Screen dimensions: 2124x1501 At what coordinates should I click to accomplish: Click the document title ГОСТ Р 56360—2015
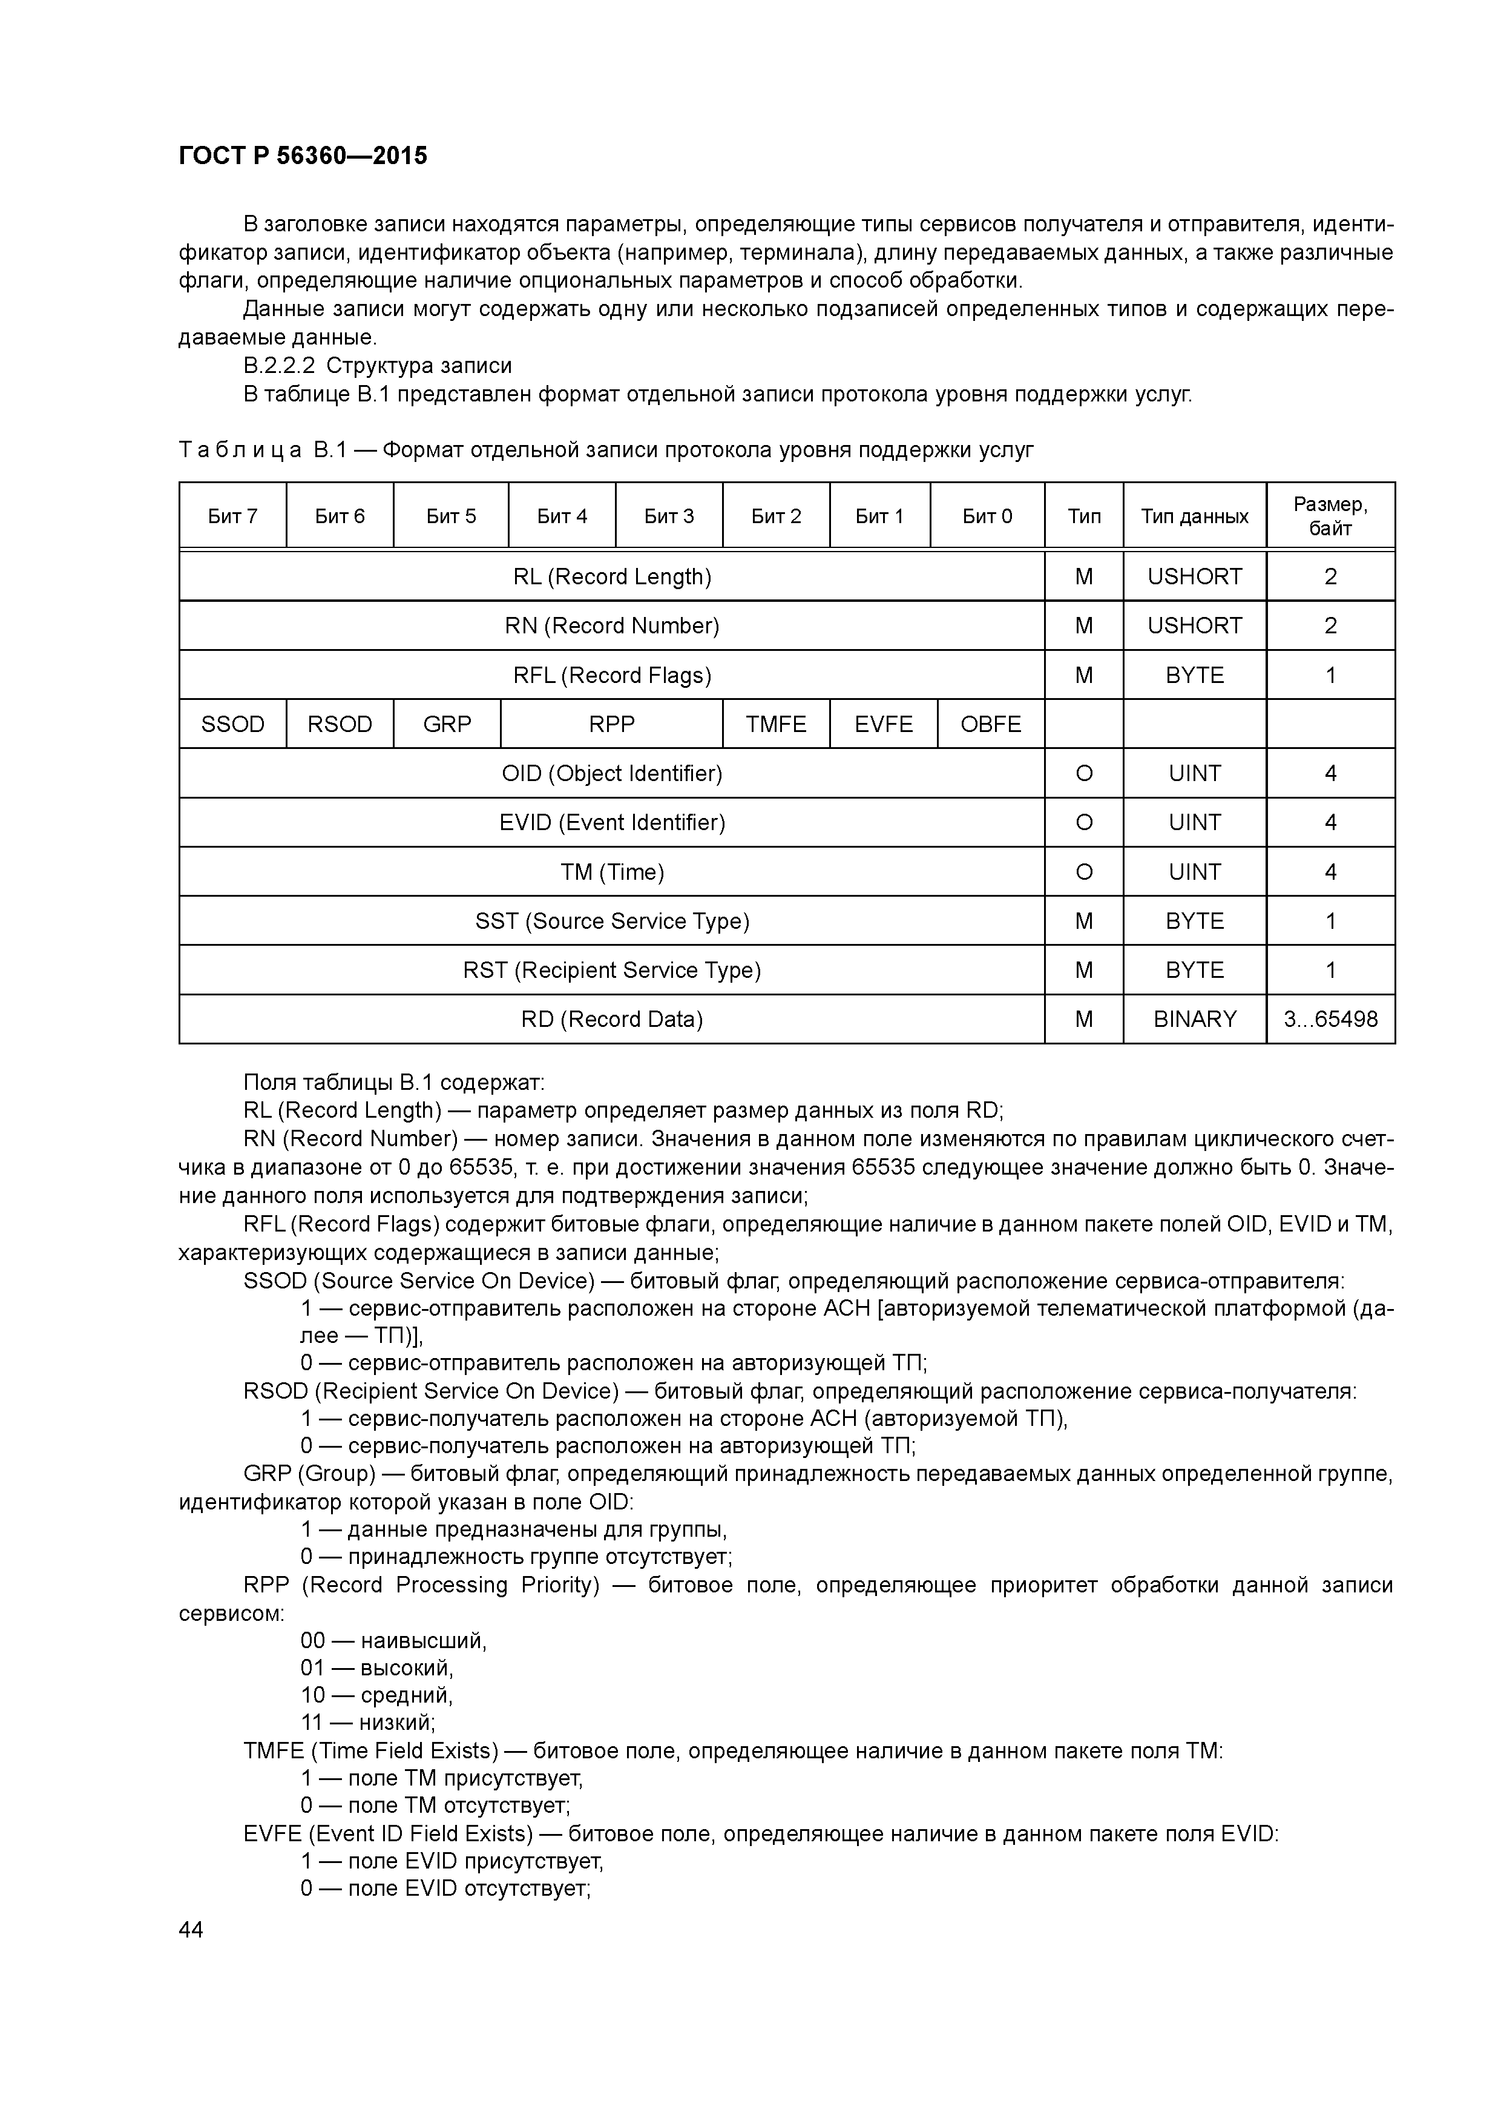tap(303, 156)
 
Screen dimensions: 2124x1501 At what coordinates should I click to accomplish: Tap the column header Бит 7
tap(232, 516)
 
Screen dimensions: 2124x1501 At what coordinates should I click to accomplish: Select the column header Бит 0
tap(987, 516)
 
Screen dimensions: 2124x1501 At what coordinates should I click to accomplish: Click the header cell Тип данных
tap(1194, 516)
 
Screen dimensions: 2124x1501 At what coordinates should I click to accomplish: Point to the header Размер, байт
tap(1330, 516)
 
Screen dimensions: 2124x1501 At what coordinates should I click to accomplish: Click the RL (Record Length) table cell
tap(613, 576)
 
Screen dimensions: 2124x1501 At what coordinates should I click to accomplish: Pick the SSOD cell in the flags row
tap(232, 724)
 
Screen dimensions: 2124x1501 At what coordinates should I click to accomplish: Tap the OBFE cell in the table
tap(991, 724)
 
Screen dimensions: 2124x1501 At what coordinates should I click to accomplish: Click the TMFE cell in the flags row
tap(776, 724)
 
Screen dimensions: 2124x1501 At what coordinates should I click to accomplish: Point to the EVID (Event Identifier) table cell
tap(613, 822)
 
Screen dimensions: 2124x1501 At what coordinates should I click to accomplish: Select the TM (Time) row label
tap(613, 871)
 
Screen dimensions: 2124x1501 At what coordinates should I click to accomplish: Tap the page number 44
tap(191, 1929)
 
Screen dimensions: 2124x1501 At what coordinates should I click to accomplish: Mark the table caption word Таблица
tap(240, 450)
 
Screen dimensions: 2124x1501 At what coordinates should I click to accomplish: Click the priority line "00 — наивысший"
tap(393, 1640)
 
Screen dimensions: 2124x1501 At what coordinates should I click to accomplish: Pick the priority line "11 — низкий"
tap(367, 1721)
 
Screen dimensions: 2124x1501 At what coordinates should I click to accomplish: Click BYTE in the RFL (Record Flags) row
tap(1194, 675)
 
